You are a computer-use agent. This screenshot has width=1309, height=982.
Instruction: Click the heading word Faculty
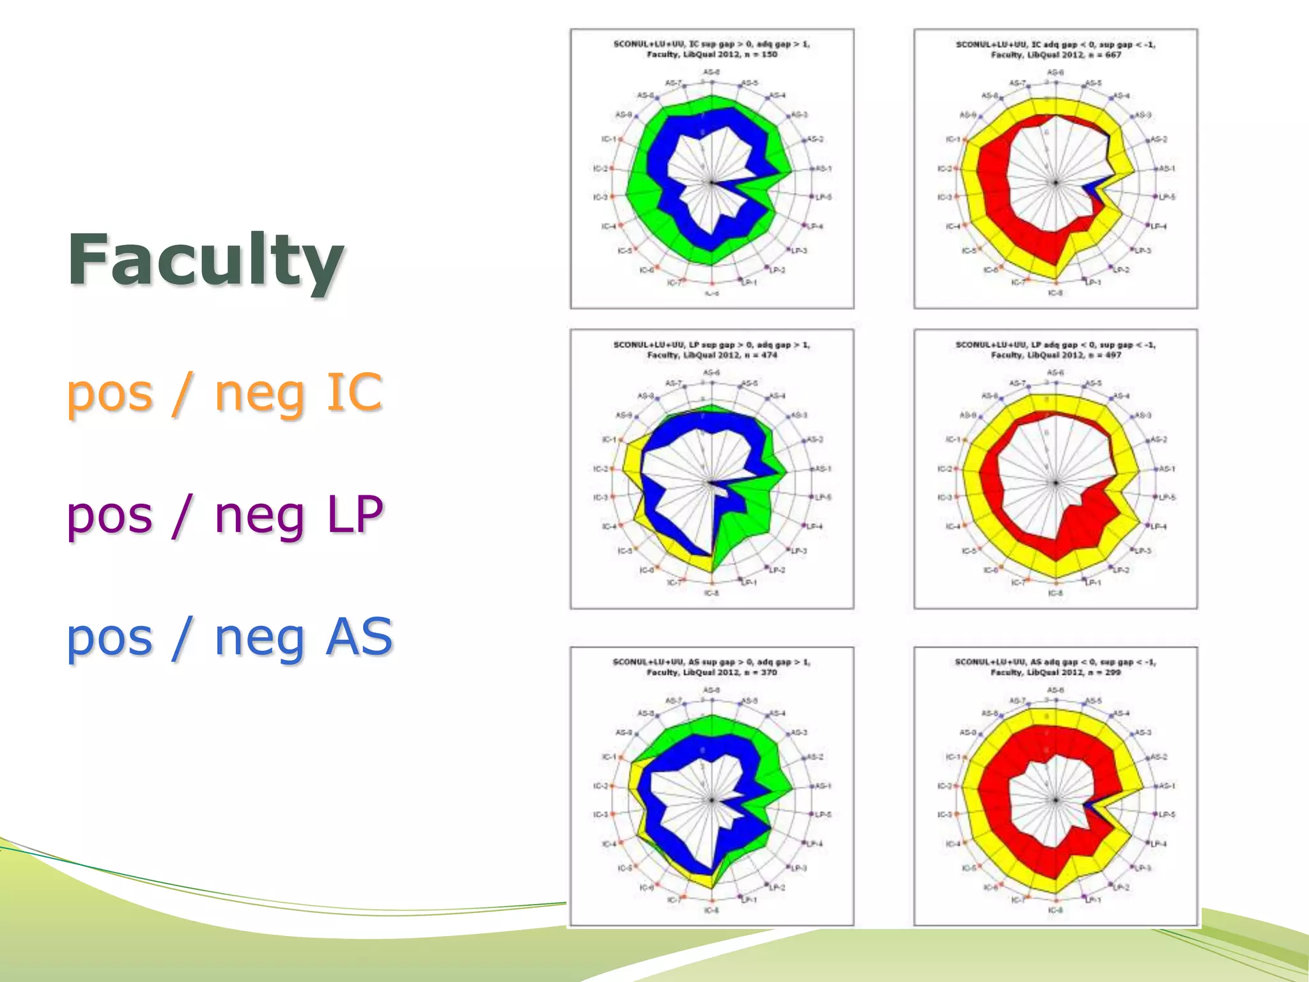206,261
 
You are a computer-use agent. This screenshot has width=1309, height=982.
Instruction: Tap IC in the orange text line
354,392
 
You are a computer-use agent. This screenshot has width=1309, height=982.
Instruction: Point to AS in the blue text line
359,637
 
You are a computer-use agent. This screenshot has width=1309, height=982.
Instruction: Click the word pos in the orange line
109,393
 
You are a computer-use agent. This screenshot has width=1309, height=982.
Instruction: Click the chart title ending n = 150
711,49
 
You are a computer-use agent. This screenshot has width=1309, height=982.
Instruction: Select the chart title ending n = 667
1055,49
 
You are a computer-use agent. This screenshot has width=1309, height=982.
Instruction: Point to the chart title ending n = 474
711,350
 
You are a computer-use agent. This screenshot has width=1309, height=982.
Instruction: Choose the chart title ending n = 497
1055,350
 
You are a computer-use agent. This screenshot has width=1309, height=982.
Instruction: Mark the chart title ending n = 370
711,667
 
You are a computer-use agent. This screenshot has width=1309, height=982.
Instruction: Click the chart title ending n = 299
1055,667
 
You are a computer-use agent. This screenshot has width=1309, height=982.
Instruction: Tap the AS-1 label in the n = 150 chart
823,169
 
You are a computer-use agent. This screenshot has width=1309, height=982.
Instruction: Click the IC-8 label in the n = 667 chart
1055,293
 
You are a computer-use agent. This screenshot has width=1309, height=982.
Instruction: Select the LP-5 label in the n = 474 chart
824,497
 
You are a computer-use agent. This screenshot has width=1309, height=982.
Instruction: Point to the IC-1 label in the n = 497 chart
953,440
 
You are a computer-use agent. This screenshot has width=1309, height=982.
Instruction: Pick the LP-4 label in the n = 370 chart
814,844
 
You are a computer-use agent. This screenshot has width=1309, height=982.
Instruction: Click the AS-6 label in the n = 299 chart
1055,690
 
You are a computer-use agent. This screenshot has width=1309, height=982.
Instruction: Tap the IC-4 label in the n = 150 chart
608,226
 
